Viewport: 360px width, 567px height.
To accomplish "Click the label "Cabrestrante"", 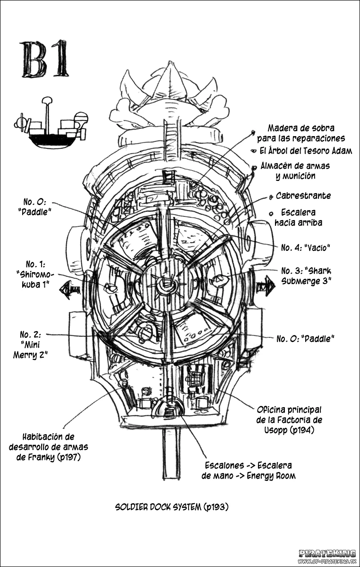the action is pyautogui.click(x=303, y=196).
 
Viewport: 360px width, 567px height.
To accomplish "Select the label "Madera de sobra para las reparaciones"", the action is pyautogui.click(x=301, y=133).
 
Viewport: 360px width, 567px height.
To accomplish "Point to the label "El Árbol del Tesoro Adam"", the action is pyautogui.click(x=306, y=151).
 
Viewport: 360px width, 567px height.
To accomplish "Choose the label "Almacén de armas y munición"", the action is pyautogui.click(x=295, y=171).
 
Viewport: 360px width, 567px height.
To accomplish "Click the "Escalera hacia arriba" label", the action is pyautogui.click(x=298, y=217).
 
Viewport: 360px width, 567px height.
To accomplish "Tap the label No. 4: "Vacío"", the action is pyautogui.click(x=306, y=247).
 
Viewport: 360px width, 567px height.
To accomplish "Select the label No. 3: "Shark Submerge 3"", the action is pyautogui.click(x=306, y=276).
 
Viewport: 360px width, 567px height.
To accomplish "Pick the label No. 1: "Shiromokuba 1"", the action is pyautogui.click(x=35, y=275).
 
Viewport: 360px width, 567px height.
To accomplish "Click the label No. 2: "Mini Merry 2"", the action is pyautogui.click(x=30, y=345).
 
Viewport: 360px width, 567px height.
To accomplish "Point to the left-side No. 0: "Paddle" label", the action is pyautogui.click(x=34, y=207).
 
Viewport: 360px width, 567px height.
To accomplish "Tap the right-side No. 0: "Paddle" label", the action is pyautogui.click(x=305, y=339).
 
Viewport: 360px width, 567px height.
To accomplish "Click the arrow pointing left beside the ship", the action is pyautogui.click(x=70, y=289).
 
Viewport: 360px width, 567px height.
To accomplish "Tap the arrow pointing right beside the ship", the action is pyautogui.click(x=266, y=286).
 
